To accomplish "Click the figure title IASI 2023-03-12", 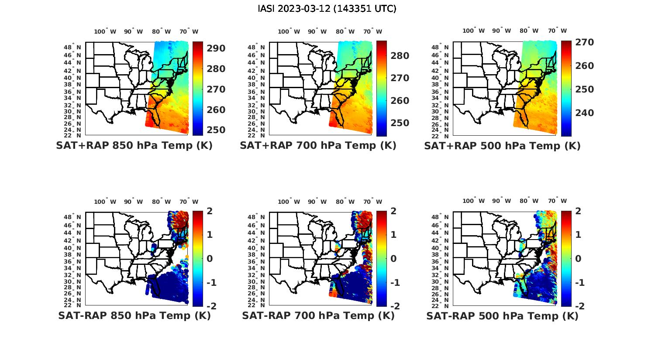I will click(x=327, y=9).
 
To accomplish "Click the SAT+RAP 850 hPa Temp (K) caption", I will click(x=134, y=146).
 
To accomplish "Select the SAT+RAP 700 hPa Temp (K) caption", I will click(x=318, y=146).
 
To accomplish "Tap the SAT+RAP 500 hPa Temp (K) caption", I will click(x=502, y=146).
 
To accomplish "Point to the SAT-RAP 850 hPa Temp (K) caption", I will click(x=134, y=315).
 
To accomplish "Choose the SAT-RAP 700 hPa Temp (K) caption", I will click(x=318, y=315).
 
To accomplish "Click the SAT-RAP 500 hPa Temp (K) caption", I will click(x=502, y=315).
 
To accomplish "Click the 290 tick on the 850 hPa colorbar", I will click(x=216, y=48).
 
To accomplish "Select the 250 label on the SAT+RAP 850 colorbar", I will click(x=216, y=130).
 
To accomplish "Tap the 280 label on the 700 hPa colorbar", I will click(x=400, y=56).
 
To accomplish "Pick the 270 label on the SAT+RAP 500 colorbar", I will click(x=584, y=42).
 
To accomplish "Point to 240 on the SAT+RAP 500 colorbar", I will click(x=584, y=113).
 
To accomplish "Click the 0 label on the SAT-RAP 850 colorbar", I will click(x=209, y=259).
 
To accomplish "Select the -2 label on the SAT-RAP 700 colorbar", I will click(x=394, y=306).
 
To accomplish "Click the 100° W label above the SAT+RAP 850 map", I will click(x=105, y=31).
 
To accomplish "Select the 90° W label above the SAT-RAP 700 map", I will click(x=317, y=202).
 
